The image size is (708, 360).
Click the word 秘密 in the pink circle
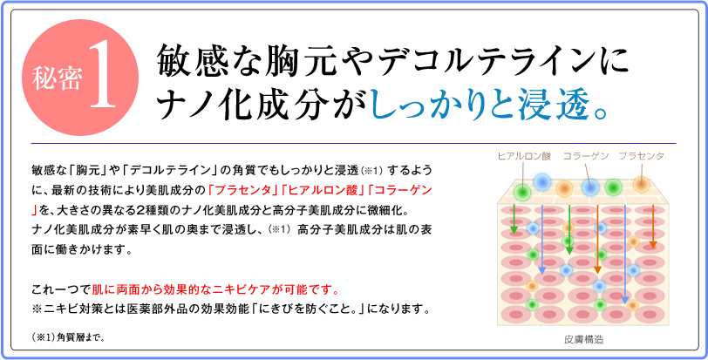pyautogui.click(x=58, y=77)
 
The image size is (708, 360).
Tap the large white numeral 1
pyautogui.click(x=105, y=73)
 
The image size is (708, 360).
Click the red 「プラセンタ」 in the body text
pyautogui.click(x=244, y=190)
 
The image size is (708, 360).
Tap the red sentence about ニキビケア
pyautogui.click(x=214, y=289)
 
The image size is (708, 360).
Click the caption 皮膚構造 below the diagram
pyautogui.click(x=584, y=339)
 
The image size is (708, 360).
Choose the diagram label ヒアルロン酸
pyautogui.click(x=524, y=156)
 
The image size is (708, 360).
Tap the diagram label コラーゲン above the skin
pyautogui.click(x=586, y=156)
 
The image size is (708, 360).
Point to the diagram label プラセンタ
pyautogui.click(x=641, y=156)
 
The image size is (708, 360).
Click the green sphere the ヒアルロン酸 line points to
pyautogui.click(x=523, y=191)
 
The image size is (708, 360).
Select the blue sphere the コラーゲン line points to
pyautogui.click(x=589, y=187)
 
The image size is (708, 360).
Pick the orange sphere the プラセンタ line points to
pyautogui.click(x=641, y=184)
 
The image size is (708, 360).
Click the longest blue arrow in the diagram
pyautogui.click(x=625, y=254)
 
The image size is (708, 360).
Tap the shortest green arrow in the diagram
pyautogui.click(x=514, y=220)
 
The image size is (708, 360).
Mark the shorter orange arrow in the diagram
pyautogui.click(x=652, y=227)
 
